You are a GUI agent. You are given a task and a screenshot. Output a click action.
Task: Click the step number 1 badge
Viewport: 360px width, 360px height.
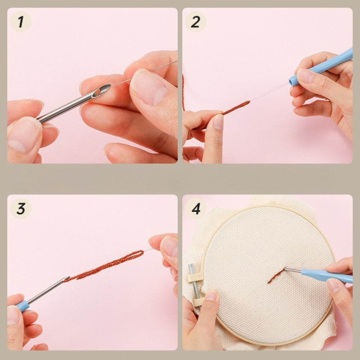(x=21, y=22)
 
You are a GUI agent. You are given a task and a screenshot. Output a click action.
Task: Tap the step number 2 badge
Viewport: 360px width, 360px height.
(x=195, y=22)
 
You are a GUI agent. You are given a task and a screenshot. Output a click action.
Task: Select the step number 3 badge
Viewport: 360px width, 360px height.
(x=21, y=208)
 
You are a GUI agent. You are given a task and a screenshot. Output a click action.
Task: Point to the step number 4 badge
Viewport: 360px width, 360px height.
(x=195, y=208)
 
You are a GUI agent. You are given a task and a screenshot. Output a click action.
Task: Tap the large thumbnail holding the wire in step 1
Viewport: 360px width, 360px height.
(x=149, y=87)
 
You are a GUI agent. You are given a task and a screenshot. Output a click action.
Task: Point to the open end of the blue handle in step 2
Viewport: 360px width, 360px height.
(x=292, y=81)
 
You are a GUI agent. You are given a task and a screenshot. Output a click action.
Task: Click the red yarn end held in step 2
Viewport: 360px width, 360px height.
(x=237, y=108)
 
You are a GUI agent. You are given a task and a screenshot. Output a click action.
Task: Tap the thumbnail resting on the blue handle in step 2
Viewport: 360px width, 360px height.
(x=305, y=76)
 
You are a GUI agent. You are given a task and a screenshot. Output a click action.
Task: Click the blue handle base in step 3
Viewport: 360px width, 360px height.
(x=22, y=306)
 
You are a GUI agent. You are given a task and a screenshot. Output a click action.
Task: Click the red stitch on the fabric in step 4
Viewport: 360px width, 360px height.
(x=275, y=276)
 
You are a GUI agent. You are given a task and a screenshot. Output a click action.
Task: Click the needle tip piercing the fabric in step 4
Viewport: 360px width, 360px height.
(x=285, y=269)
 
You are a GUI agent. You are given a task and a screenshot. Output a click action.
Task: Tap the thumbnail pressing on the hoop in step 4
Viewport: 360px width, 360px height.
(x=211, y=296)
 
